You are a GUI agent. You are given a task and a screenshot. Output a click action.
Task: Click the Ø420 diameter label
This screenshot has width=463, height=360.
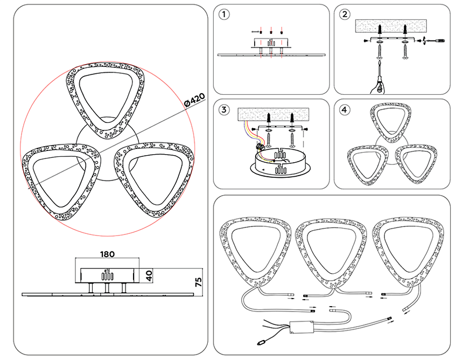point(194,100)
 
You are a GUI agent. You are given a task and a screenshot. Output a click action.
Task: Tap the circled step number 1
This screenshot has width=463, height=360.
point(225,15)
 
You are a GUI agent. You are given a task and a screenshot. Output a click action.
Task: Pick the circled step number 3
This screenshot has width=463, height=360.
point(225,109)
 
